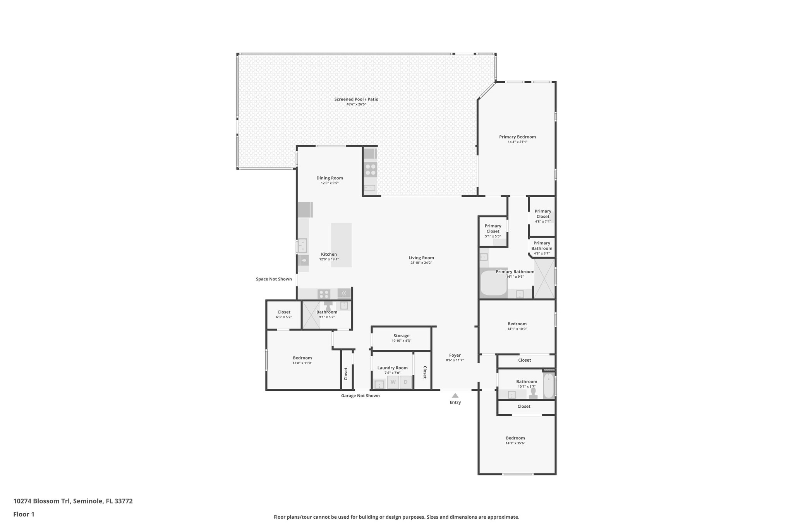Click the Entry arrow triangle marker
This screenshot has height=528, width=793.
coord(455,395)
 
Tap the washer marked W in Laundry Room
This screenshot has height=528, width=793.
coord(393,382)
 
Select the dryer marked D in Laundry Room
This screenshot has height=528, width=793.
coord(405,382)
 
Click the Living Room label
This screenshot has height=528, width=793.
coord(421,258)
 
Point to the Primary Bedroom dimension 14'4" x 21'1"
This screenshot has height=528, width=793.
coord(517,142)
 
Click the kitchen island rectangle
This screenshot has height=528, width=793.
coord(342,245)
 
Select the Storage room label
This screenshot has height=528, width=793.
coord(401,336)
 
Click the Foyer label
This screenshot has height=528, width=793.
coord(455,355)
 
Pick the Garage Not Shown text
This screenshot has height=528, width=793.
coord(360,396)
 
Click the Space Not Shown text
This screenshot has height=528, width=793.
coord(274,279)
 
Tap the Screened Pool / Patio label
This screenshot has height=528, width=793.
coord(356,99)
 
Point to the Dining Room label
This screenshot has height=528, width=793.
coord(330,178)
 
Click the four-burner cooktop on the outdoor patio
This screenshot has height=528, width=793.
coord(370,169)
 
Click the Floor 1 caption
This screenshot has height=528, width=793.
coord(24,514)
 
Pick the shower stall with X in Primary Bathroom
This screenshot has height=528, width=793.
coord(544,279)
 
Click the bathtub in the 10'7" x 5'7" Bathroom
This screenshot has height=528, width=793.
coord(548,385)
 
